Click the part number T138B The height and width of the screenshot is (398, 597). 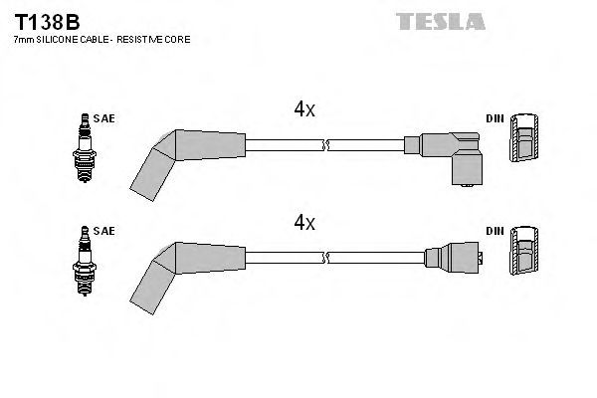pos(45,21)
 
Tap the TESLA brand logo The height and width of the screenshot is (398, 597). pos(440,20)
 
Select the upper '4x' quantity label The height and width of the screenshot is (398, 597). pos(304,111)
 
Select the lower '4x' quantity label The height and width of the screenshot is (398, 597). pos(304,223)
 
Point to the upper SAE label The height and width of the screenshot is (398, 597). pos(104,118)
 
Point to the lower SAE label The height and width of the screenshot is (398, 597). pos(104,231)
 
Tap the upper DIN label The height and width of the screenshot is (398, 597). pos(495,118)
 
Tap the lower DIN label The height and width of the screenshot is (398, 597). pos(495,231)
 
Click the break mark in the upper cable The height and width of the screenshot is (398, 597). pos(325,145)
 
